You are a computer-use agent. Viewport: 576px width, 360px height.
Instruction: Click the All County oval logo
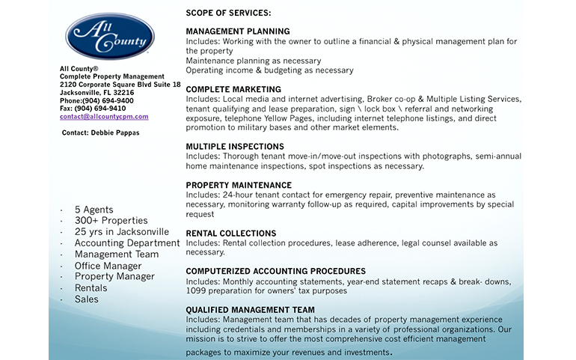pyautogui.click(x=110, y=36)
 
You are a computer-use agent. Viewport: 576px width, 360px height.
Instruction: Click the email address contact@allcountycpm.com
pyautogui.click(x=104, y=117)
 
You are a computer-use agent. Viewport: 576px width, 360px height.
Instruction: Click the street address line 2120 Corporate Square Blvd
pyautogui.click(x=120, y=85)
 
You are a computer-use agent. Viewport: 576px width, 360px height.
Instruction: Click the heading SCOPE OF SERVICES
pyautogui.click(x=228, y=13)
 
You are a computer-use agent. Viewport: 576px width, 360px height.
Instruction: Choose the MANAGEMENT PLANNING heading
pyautogui.click(x=237, y=31)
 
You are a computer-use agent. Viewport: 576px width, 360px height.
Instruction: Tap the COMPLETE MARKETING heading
pyautogui.click(x=233, y=89)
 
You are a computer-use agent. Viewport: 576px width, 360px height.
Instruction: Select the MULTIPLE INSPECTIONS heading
pyautogui.click(x=235, y=147)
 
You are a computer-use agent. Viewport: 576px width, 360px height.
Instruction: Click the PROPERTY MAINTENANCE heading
pyautogui.click(x=239, y=185)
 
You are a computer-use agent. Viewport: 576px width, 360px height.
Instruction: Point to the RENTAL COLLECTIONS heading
pyautogui.click(x=230, y=234)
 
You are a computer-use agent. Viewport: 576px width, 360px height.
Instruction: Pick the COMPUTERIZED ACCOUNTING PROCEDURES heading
pyautogui.click(x=275, y=271)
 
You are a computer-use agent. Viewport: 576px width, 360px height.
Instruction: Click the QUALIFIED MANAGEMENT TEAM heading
pyautogui.click(x=250, y=310)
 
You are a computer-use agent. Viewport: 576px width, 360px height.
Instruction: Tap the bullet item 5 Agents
pyautogui.click(x=94, y=210)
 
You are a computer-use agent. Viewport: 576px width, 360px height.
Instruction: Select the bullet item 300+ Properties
pyautogui.click(x=111, y=221)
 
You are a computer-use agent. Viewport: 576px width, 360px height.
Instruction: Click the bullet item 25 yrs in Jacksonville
pyautogui.click(x=121, y=232)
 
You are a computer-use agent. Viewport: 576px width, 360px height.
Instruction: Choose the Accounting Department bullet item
pyautogui.click(x=127, y=243)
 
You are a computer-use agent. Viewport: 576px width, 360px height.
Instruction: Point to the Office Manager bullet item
pyautogui.click(x=108, y=266)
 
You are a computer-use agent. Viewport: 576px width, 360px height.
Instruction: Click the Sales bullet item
pyautogui.click(x=86, y=299)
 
